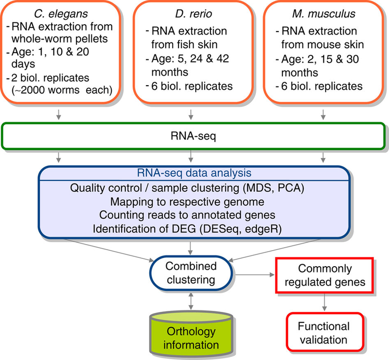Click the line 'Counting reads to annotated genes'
[x=190, y=212]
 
